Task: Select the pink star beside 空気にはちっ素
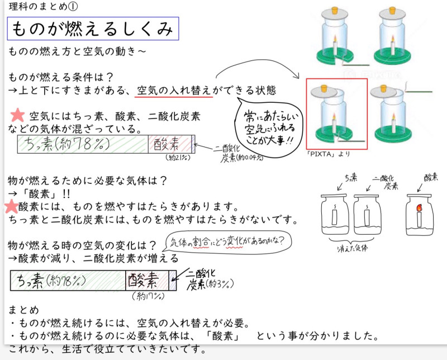[18, 116]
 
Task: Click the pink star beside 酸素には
[11, 206]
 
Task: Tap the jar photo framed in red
[337, 114]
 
